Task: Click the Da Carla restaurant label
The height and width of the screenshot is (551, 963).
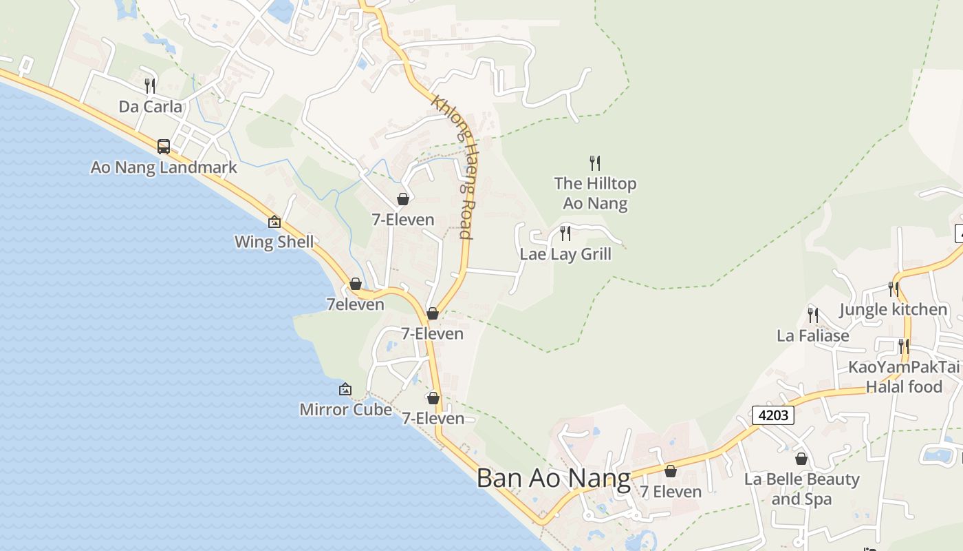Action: [x=151, y=107]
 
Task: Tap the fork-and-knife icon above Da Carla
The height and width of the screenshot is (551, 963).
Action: [x=150, y=86]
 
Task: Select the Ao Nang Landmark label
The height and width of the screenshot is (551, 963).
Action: [x=164, y=167]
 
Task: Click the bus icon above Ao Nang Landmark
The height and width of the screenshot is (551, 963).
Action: [x=164, y=146]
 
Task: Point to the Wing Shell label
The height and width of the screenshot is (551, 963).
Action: [x=274, y=242]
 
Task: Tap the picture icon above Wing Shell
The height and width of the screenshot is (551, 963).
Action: [x=274, y=222]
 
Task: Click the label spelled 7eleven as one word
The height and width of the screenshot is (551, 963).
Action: [x=355, y=304]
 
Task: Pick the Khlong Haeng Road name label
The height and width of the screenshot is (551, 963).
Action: [x=453, y=167]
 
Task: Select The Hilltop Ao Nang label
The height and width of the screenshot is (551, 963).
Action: [x=595, y=194]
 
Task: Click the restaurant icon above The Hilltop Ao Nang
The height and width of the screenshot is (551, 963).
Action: [x=595, y=163]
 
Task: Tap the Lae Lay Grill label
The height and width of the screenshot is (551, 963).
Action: [x=565, y=254]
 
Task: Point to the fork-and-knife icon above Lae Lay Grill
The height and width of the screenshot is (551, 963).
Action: [x=565, y=233]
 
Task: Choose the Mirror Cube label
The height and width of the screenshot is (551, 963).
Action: [x=345, y=410]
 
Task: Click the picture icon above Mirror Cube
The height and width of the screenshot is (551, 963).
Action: [x=345, y=390]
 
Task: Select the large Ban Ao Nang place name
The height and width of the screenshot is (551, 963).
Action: [x=553, y=479]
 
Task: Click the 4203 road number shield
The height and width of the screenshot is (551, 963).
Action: [x=773, y=415]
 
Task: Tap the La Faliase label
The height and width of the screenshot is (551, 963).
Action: [x=812, y=336]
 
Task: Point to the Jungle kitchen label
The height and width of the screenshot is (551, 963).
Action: [x=893, y=310]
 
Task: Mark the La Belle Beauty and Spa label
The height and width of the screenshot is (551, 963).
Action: [x=801, y=489]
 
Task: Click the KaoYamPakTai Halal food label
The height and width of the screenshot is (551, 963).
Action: [x=903, y=377]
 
